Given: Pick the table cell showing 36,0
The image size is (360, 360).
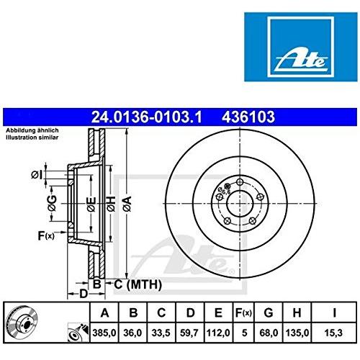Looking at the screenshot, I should coord(132,332).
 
